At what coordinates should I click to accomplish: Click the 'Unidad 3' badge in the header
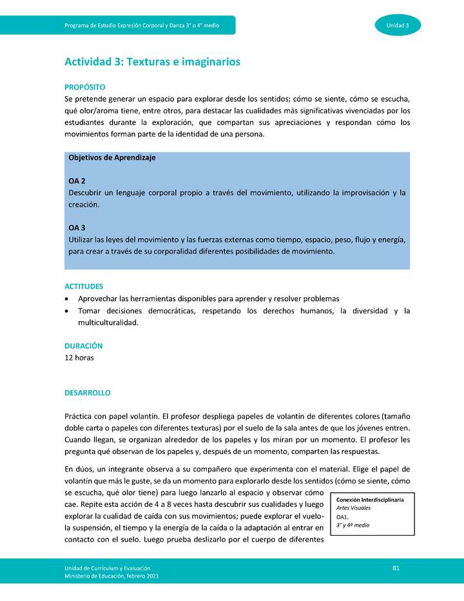(x=398, y=25)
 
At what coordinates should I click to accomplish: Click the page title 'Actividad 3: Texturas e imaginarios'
(x=152, y=62)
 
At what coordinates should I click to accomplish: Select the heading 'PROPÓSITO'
(x=84, y=87)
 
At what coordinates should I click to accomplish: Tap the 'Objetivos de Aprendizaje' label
(x=111, y=157)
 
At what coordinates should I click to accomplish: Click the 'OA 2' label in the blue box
(x=77, y=181)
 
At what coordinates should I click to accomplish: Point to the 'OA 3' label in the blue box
(x=77, y=228)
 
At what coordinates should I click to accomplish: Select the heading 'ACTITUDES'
(x=84, y=286)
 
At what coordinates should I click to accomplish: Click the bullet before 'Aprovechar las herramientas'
(x=68, y=299)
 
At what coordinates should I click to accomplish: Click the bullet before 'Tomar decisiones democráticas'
(x=68, y=311)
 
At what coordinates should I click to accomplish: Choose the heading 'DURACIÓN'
(x=83, y=346)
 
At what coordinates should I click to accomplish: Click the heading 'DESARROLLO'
(x=87, y=393)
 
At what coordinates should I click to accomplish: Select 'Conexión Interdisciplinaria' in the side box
(x=370, y=500)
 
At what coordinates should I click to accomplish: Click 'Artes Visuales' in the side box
(x=353, y=508)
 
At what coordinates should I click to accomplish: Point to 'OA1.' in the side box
(x=343, y=517)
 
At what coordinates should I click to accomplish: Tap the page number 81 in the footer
(x=396, y=567)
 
